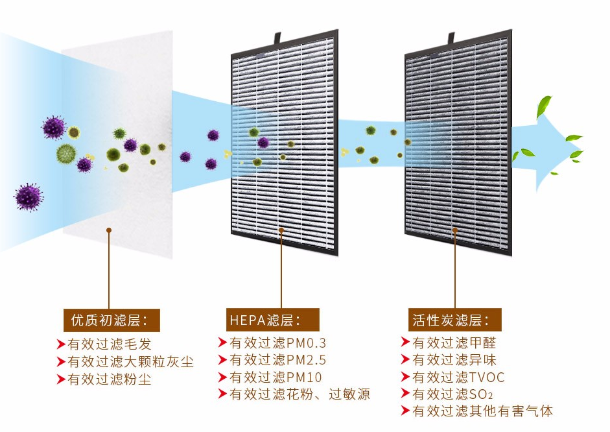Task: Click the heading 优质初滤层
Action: coord(111,320)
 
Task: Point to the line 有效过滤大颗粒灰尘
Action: coord(130,362)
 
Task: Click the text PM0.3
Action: coord(306,342)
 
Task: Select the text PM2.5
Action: coord(306,360)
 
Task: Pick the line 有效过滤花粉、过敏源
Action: coord(299,394)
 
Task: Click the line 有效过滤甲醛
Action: coord(454,342)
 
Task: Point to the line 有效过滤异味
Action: coord(454,360)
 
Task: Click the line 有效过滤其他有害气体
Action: coord(482,411)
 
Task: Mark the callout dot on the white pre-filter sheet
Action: coord(108,230)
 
